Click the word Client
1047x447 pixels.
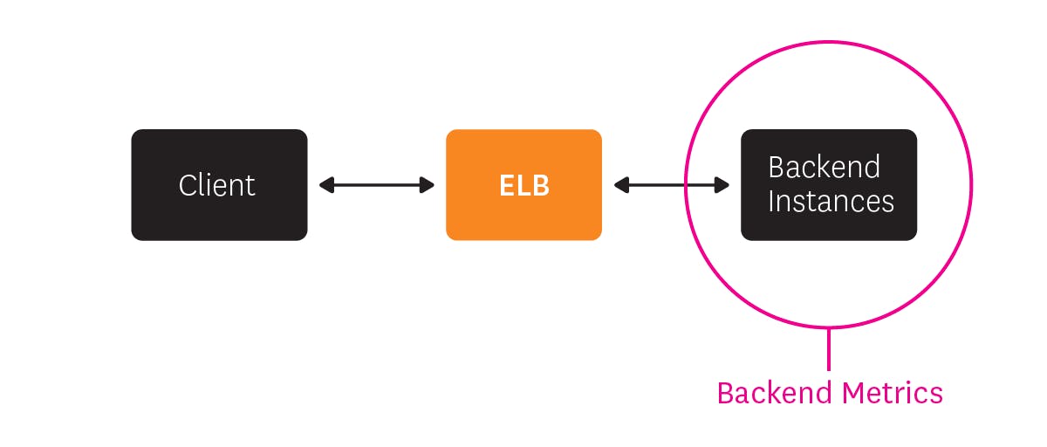click(217, 185)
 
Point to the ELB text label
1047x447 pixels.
click(524, 185)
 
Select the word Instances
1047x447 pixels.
click(831, 202)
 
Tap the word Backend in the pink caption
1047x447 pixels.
click(772, 393)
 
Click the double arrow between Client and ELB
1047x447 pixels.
click(377, 185)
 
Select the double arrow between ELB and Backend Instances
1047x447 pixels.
click(672, 185)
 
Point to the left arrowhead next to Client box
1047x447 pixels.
click(326, 185)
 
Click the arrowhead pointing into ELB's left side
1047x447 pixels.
click(428, 185)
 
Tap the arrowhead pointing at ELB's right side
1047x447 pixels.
click(621, 185)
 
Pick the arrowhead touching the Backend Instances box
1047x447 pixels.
click(722, 185)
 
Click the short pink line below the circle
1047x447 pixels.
click(829, 349)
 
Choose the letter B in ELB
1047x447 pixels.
click(541, 185)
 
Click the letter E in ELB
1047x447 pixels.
click(508, 185)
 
